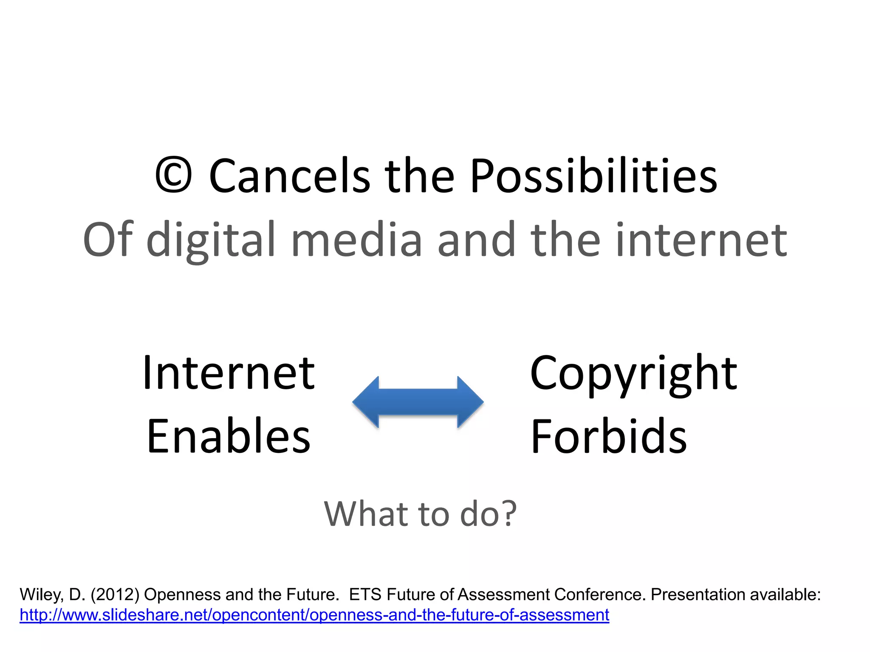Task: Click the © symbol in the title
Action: (173, 175)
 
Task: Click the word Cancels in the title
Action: (290, 176)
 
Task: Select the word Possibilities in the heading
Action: (593, 176)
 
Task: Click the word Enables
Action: (229, 436)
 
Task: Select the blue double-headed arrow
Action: (418, 402)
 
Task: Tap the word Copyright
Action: (633, 374)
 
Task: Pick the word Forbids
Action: (609, 436)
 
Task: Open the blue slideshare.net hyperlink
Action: (314, 615)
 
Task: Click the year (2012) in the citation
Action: (115, 595)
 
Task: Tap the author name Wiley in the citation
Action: (41, 595)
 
